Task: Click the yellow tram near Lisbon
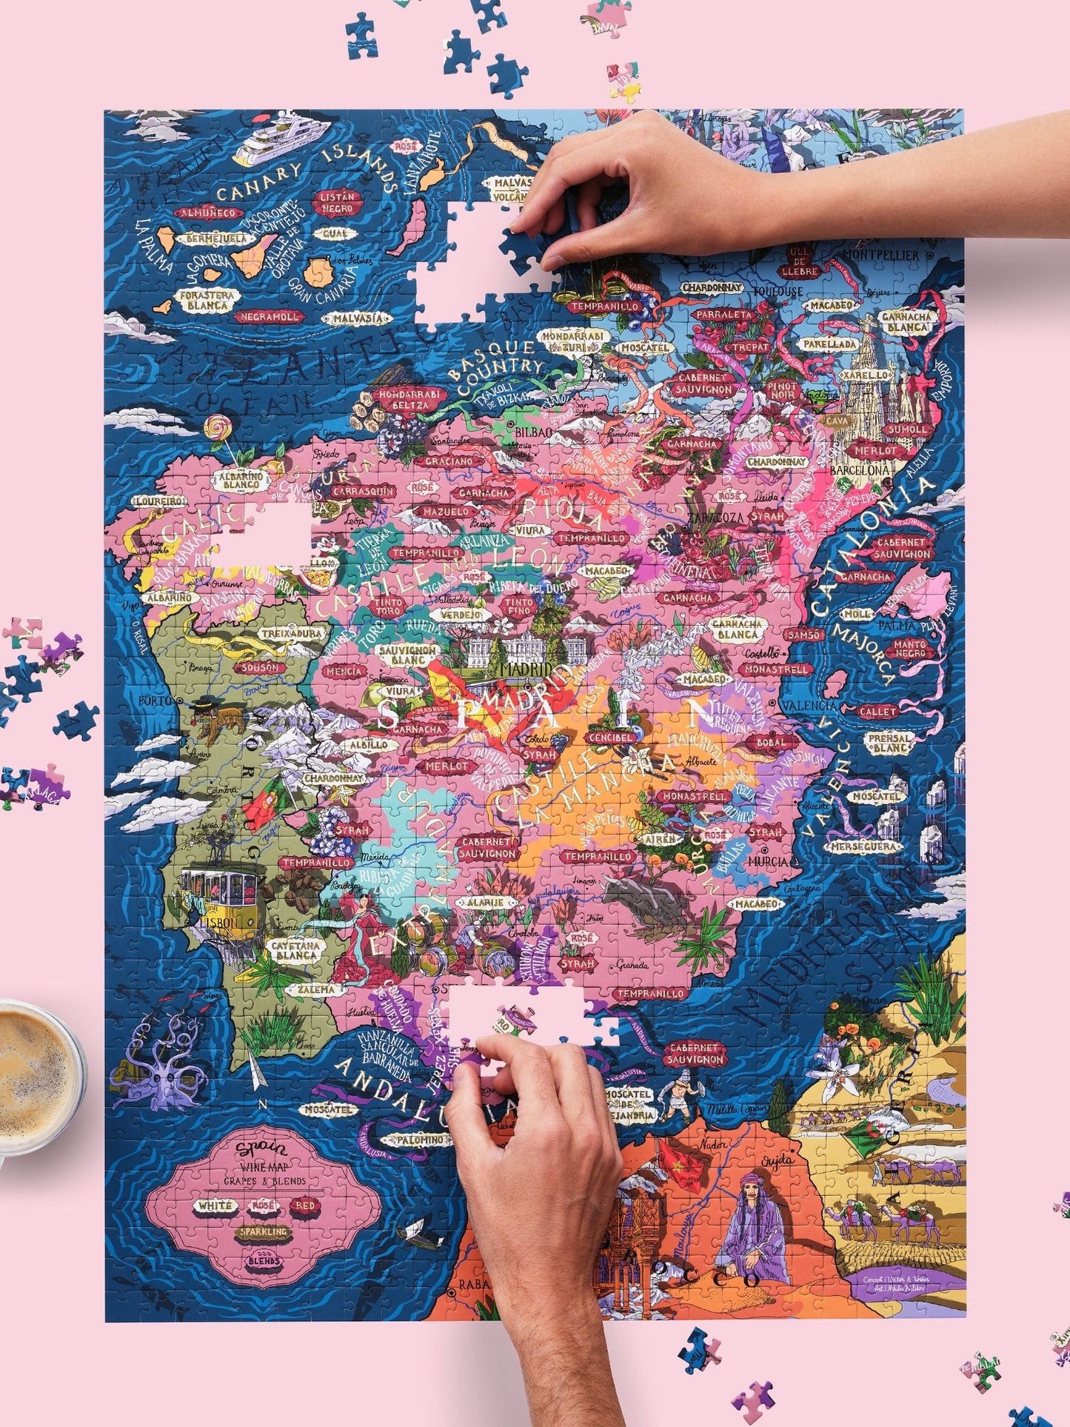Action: [x=219, y=887]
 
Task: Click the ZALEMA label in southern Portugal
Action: [x=317, y=989]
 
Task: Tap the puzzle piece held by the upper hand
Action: [x=530, y=243]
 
